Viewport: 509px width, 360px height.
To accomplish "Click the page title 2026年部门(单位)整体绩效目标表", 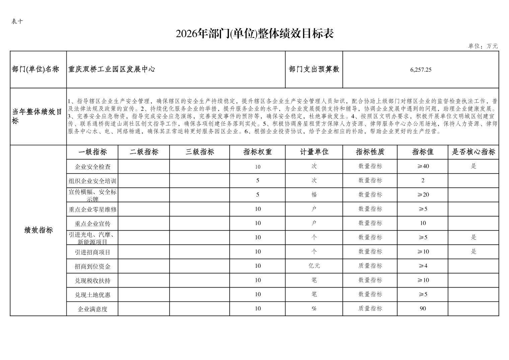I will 254,34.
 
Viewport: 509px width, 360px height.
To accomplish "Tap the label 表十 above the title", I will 17,21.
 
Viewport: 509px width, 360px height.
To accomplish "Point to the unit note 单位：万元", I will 483,46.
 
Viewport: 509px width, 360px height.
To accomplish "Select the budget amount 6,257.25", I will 421,70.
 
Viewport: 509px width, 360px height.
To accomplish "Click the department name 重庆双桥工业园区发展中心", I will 112,69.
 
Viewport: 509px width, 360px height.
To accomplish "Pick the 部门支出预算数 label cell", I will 314,69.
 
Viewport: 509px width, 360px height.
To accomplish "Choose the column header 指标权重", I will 257,152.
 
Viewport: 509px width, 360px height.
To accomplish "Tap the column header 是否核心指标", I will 473,152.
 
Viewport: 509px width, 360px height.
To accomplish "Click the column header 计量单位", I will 314,152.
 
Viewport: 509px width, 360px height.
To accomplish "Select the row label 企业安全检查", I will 92,167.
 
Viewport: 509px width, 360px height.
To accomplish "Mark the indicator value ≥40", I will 423,166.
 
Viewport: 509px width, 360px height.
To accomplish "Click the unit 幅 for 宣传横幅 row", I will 314,195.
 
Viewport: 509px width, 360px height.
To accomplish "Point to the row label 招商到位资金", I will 92,266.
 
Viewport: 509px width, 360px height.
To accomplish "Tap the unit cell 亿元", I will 314,266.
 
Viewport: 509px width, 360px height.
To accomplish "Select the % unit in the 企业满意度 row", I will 314,309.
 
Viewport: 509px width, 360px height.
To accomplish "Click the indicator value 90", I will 423,308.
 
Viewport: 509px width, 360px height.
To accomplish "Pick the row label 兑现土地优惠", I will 92,295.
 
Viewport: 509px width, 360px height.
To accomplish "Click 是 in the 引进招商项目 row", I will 473,251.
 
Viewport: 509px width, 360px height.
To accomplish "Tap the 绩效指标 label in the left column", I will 39,230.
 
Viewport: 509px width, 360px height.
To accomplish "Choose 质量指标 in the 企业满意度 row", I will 370,308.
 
